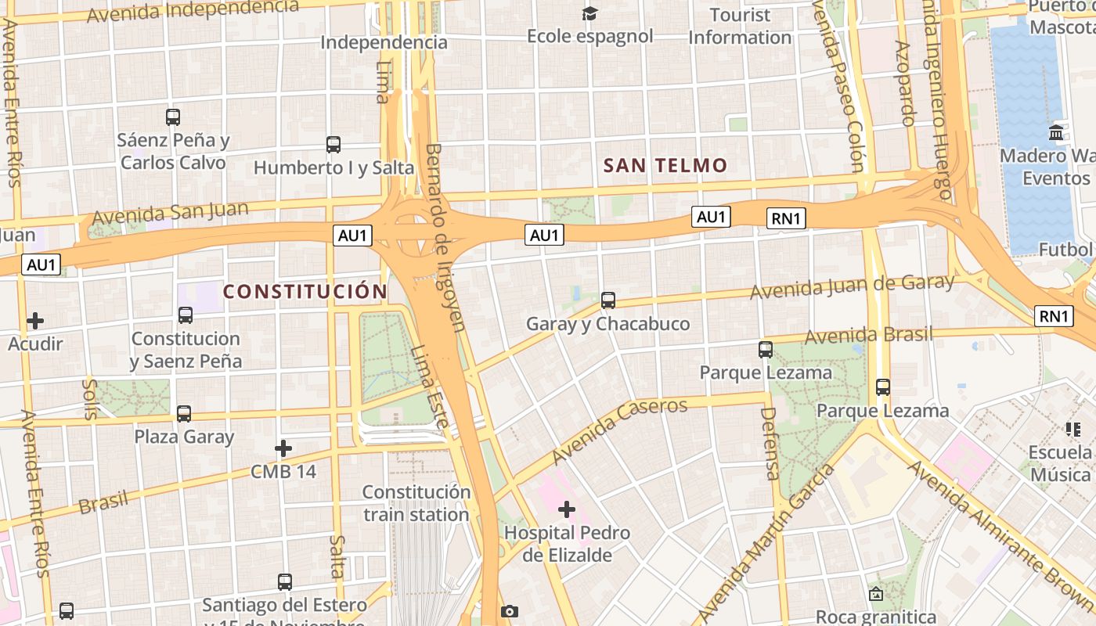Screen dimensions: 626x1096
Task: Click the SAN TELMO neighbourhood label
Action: pos(665,165)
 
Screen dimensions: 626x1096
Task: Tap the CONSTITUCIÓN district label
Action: pos(305,292)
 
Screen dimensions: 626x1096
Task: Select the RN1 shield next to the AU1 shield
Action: pos(787,218)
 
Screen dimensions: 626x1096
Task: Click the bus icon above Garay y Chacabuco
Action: pos(608,300)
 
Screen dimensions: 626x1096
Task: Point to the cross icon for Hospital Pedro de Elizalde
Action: pos(567,510)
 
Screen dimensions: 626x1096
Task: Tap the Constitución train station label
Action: pos(416,503)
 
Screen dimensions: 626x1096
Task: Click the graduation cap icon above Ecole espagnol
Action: pos(589,13)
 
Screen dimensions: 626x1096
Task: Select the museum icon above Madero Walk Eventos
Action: pos(1056,133)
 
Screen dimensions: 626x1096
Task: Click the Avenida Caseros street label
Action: pos(618,430)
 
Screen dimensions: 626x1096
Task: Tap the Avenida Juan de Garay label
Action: pos(852,287)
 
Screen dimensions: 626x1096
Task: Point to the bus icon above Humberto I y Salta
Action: pos(333,144)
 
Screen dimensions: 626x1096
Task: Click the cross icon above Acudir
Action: pos(35,321)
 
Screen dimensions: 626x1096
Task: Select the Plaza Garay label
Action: pos(184,437)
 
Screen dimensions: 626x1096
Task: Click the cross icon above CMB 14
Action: pos(283,448)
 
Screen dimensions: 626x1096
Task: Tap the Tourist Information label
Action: pos(740,26)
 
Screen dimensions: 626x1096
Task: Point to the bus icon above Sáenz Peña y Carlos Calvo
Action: pos(173,117)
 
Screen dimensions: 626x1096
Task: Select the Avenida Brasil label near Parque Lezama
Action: pos(869,335)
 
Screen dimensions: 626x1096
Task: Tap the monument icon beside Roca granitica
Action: pos(876,595)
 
